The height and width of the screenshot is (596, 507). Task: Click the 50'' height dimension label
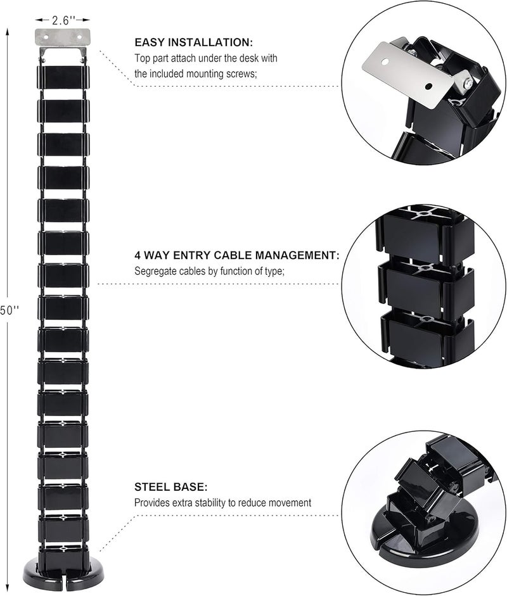click(x=9, y=310)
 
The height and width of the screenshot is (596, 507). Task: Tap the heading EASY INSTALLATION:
click(x=193, y=42)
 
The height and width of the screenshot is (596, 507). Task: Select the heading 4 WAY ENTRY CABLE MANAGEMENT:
click(x=236, y=255)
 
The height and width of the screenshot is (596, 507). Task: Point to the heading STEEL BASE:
click(x=170, y=487)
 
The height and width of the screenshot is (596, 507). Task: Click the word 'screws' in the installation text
click(x=244, y=73)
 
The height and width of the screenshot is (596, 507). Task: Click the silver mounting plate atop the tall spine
click(x=63, y=37)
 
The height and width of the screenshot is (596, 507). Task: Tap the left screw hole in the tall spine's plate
click(x=46, y=37)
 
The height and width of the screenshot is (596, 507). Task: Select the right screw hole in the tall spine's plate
click(x=80, y=37)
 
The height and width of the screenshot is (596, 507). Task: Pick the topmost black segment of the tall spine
click(x=63, y=77)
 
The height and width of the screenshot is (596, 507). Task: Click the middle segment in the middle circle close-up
click(x=426, y=289)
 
